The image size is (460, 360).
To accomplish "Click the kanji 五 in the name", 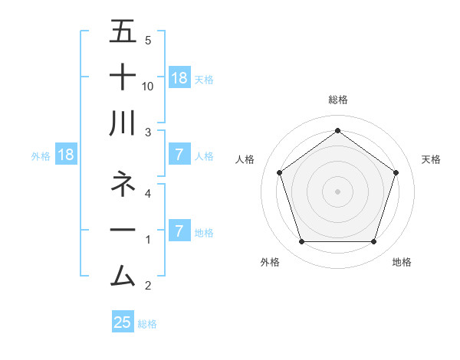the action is click(x=123, y=32).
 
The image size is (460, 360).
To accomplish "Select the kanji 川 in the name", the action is click(x=123, y=123).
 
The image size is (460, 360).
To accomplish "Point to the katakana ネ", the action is click(x=123, y=184).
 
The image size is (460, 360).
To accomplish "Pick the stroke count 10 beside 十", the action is click(x=148, y=87).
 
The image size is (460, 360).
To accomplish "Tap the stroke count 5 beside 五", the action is click(x=148, y=41).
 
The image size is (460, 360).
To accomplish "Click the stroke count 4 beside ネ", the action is click(x=148, y=194).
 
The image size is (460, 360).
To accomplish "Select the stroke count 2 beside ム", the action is click(x=148, y=286).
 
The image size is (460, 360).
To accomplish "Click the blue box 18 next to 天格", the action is click(x=179, y=77).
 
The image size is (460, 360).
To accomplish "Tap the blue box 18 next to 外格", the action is click(x=66, y=155).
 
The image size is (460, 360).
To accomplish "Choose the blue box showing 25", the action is click(x=123, y=322).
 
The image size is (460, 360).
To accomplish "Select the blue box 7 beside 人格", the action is click(x=179, y=155).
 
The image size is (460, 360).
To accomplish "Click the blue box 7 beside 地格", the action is click(x=179, y=231).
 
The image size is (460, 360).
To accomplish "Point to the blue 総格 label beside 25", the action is click(x=147, y=324).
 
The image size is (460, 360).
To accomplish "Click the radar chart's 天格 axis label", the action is click(x=432, y=159).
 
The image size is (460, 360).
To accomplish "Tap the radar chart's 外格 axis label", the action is click(x=270, y=262).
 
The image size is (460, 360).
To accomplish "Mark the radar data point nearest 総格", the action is click(x=337, y=131).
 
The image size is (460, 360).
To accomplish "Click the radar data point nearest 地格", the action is click(x=373, y=242).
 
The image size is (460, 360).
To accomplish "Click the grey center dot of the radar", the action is click(x=337, y=191).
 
